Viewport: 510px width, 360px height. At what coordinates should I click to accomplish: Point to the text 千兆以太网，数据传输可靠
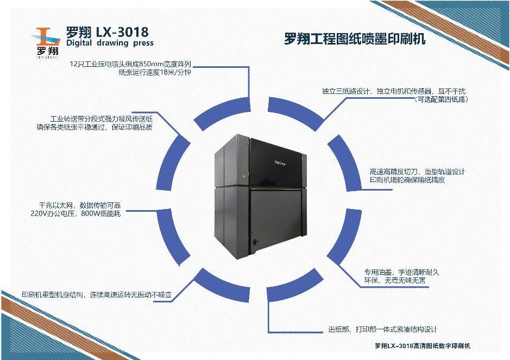click(75, 205)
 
